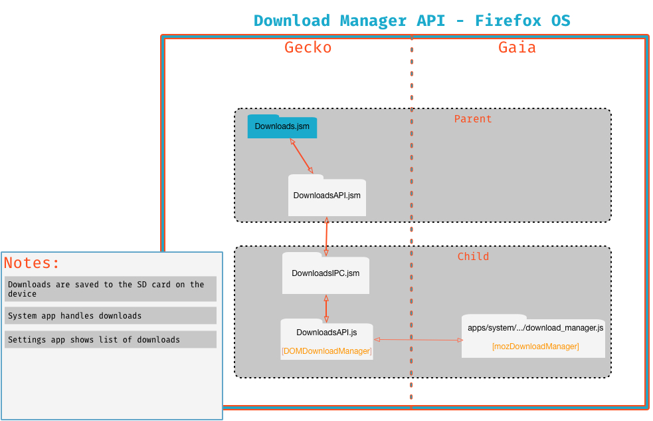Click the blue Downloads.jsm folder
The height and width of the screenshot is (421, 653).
pos(282,126)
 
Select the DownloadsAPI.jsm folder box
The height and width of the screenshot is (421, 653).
pos(327,195)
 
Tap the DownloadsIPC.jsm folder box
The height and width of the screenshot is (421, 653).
pos(326,273)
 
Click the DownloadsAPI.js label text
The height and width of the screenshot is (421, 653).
pos(327,333)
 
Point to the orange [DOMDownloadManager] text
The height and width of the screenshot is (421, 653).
pos(327,351)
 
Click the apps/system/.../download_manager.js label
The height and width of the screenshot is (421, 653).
pos(535,328)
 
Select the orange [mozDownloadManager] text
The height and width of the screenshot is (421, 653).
pos(535,347)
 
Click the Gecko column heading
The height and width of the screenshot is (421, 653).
pos(308,47)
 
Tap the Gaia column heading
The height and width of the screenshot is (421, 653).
pos(517,47)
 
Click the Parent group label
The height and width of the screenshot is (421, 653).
pos(473,119)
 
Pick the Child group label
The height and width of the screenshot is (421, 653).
pos(473,256)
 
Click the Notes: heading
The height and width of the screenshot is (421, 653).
pos(32,263)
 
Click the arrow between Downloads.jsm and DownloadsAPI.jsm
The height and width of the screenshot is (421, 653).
pos(302,156)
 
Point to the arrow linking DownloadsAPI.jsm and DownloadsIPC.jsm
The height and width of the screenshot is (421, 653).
pos(327,237)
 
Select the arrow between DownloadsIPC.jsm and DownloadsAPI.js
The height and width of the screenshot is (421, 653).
pos(326,309)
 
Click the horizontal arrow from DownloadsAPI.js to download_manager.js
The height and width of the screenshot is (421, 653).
pos(418,340)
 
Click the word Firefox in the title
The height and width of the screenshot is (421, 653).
pos(508,21)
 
